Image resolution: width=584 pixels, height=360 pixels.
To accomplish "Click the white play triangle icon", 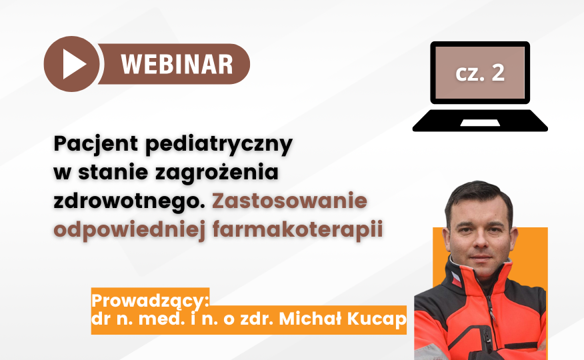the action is [x=73, y=64].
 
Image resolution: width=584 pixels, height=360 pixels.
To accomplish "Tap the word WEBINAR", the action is [x=177, y=65].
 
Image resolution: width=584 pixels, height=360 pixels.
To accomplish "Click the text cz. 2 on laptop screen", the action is [x=480, y=73].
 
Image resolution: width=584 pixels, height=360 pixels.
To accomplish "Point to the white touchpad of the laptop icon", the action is [x=480, y=123].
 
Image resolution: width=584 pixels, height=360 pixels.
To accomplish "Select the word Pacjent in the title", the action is [x=96, y=144].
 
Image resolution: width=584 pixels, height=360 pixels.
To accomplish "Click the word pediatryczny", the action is [x=219, y=145].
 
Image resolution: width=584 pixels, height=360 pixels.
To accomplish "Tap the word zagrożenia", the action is [x=217, y=173].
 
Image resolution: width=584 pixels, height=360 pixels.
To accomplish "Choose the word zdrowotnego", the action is [x=129, y=201].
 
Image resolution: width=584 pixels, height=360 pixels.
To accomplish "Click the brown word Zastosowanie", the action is [x=290, y=201].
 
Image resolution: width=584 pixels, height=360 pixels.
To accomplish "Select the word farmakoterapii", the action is [x=298, y=230].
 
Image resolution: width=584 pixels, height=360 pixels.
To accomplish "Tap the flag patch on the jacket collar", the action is [x=456, y=279].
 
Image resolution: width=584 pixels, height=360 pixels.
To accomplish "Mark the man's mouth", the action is [x=480, y=257].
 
